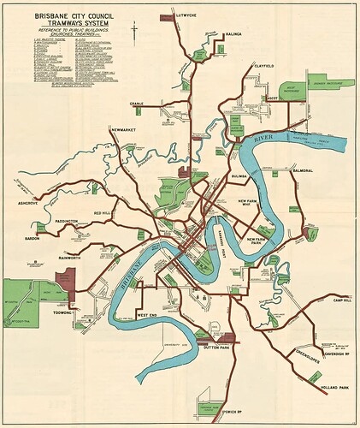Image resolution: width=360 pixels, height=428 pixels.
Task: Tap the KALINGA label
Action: [233, 35]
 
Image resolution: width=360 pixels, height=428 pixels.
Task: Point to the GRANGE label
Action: [137, 104]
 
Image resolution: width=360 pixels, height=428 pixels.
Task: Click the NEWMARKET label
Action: [125, 130]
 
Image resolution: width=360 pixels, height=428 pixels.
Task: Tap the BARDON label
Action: [33, 239]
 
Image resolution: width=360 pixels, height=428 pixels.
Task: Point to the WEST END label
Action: [148, 315]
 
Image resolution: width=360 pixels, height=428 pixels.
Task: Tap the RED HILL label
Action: [103, 211]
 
